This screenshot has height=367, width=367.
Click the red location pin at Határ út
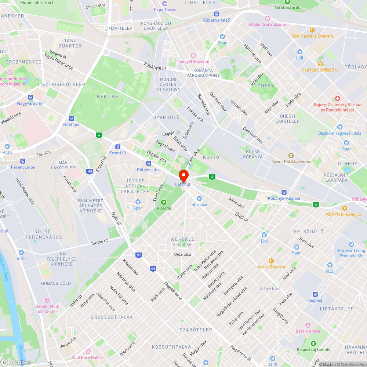(183, 175)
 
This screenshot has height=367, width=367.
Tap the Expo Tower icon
(165, 4)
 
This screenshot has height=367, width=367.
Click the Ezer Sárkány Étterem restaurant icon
(312, 30)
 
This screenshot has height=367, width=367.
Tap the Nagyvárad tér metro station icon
(30, 97)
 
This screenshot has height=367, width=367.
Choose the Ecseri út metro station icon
(117, 146)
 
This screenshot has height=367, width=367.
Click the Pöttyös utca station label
(149, 170)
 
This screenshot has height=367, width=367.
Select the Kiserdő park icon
(164, 202)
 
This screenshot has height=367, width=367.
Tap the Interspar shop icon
(199, 199)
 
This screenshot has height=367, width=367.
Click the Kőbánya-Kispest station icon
(284, 192)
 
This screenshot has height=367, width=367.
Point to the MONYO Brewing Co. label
(344, 214)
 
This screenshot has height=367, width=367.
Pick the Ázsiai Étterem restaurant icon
(271, 261)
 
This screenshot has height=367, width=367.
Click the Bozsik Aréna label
(308, 331)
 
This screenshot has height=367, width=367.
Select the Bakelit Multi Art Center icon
(47, 300)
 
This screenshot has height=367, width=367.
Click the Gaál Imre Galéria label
(88, 357)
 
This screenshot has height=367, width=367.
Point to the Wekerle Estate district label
(182, 242)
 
